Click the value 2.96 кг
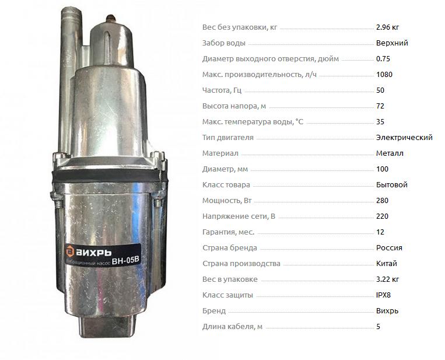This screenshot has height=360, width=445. click(387, 27)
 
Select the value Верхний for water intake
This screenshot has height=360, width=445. click(392, 43)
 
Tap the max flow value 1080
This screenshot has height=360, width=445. click(384, 75)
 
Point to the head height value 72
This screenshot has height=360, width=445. click(380, 106)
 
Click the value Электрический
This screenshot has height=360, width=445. click(404, 138)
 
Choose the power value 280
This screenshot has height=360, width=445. click(382, 201)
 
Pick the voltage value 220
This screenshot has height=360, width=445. click(382, 216)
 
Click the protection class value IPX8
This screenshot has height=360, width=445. click(383, 295)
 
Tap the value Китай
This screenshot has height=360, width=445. click(386, 264)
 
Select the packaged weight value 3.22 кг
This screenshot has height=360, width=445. click(387, 279)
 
